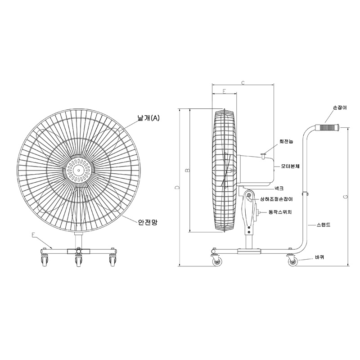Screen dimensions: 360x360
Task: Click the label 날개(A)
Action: pos(148,118)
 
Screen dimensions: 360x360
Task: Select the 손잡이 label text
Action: pos(340,108)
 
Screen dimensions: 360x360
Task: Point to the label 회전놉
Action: pos(286,141)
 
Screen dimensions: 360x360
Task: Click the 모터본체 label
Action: pos(290,166)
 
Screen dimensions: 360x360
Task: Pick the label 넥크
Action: pos(279,189)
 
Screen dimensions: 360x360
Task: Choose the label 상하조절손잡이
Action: pos(276,199)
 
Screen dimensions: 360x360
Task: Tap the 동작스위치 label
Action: pos(280,212)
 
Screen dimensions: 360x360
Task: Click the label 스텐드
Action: pos(324,225)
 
